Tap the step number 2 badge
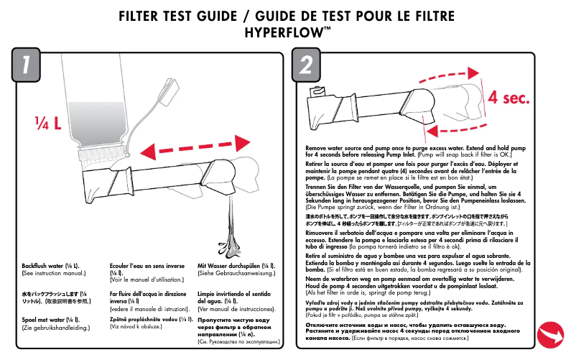(306, 66)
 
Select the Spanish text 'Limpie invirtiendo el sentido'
(236, 297)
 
